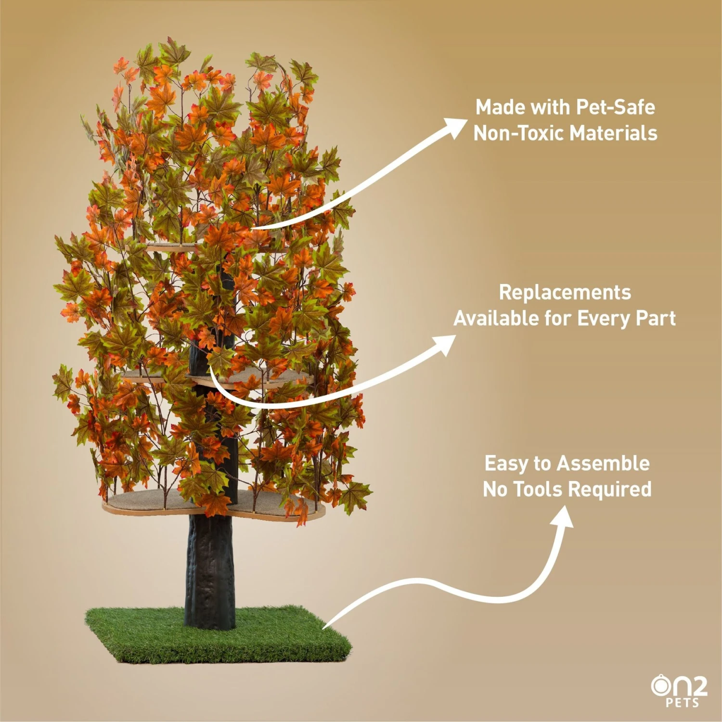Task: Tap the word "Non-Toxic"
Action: pyautogui.click(x=517, y=133)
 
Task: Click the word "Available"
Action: pyautogui.click(x=496, y=319)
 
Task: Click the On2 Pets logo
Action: pyautogui.click(x=679, y=691)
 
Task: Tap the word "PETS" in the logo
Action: pyautogui.click(x=683, y=703)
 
